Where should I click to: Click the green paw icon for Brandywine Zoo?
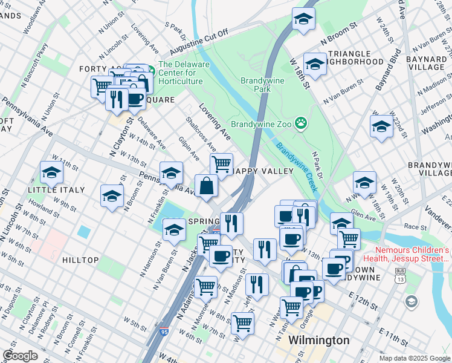point(301,125)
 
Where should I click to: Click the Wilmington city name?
point(318,340)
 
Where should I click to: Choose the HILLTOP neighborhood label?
point(80,260)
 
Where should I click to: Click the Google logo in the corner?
point(20,356)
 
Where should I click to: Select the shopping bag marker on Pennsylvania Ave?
point(207,186)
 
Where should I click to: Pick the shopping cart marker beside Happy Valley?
point(221,163)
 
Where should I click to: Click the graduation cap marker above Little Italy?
point(51,174)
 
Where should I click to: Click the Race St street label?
point(415,226)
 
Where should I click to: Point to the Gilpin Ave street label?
point(189,147)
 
